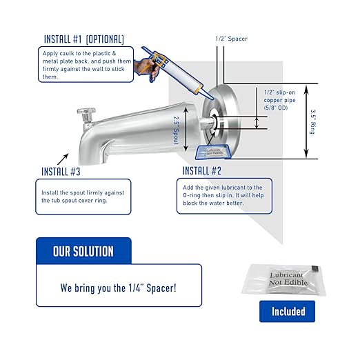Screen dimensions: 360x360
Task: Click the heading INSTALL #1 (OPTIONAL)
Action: pyautogui.click(x=84, y=39)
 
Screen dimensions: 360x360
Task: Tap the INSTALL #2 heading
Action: pyautogui.click(x=202, y=171)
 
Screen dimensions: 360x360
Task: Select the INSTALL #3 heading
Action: pyautogui.click(x=61, y=172)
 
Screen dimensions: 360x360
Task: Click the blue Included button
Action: pyautogui.click(x=287, y=311)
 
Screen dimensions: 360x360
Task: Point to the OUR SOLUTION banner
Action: pyautogui.click(x=83, y=251)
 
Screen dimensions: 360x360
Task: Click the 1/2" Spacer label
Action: pyautogui.click(x=232, y=39)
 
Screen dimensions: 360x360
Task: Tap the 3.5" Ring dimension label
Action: pyautogui.click(x=312, y=121)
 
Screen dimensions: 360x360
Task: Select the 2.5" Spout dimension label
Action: pyautogui.click(x=176, y=130)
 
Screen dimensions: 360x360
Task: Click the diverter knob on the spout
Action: pyautogui.click(x=86, y=114)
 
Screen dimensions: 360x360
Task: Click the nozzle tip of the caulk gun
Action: pyautogui.click(x=212, y=98)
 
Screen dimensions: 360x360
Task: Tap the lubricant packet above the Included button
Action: pyautogui.click(x=284, y=279)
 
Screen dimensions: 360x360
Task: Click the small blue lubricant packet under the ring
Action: pyautogui.click(x=212, y=152)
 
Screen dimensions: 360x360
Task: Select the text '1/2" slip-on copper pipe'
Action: pyautogui.click(x=279, y=97)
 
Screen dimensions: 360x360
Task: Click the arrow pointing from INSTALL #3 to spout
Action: pyautogui.click(x=63, y=159)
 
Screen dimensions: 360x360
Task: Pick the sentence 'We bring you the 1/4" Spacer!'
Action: pyautogui.click(x=119, y=288)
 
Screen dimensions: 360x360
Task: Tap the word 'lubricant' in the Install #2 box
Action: pyautogui.click(x=234, y=188)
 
